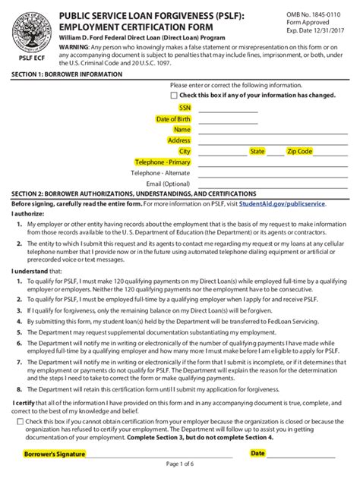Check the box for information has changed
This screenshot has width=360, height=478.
174,96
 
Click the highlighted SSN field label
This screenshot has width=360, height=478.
185,108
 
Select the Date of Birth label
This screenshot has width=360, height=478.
173,119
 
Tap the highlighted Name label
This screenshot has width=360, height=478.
182,130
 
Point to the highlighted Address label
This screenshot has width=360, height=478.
178,140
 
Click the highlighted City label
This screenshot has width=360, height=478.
185,151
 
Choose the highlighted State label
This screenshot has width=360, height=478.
257,151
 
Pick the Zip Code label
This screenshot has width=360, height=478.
299,151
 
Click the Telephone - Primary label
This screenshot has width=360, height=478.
163,162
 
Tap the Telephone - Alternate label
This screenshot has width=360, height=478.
160,172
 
